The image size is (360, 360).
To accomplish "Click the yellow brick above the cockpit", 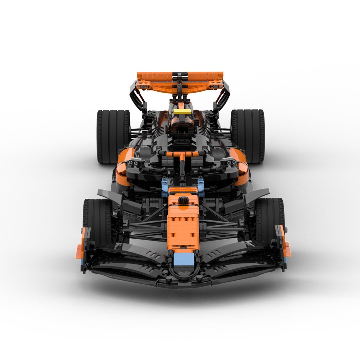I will coord(180,112).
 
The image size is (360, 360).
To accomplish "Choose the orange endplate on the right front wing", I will coord(285,244).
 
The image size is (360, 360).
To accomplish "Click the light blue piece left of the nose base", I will coord(165,185).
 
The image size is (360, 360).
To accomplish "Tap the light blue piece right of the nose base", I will coord(201,185).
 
